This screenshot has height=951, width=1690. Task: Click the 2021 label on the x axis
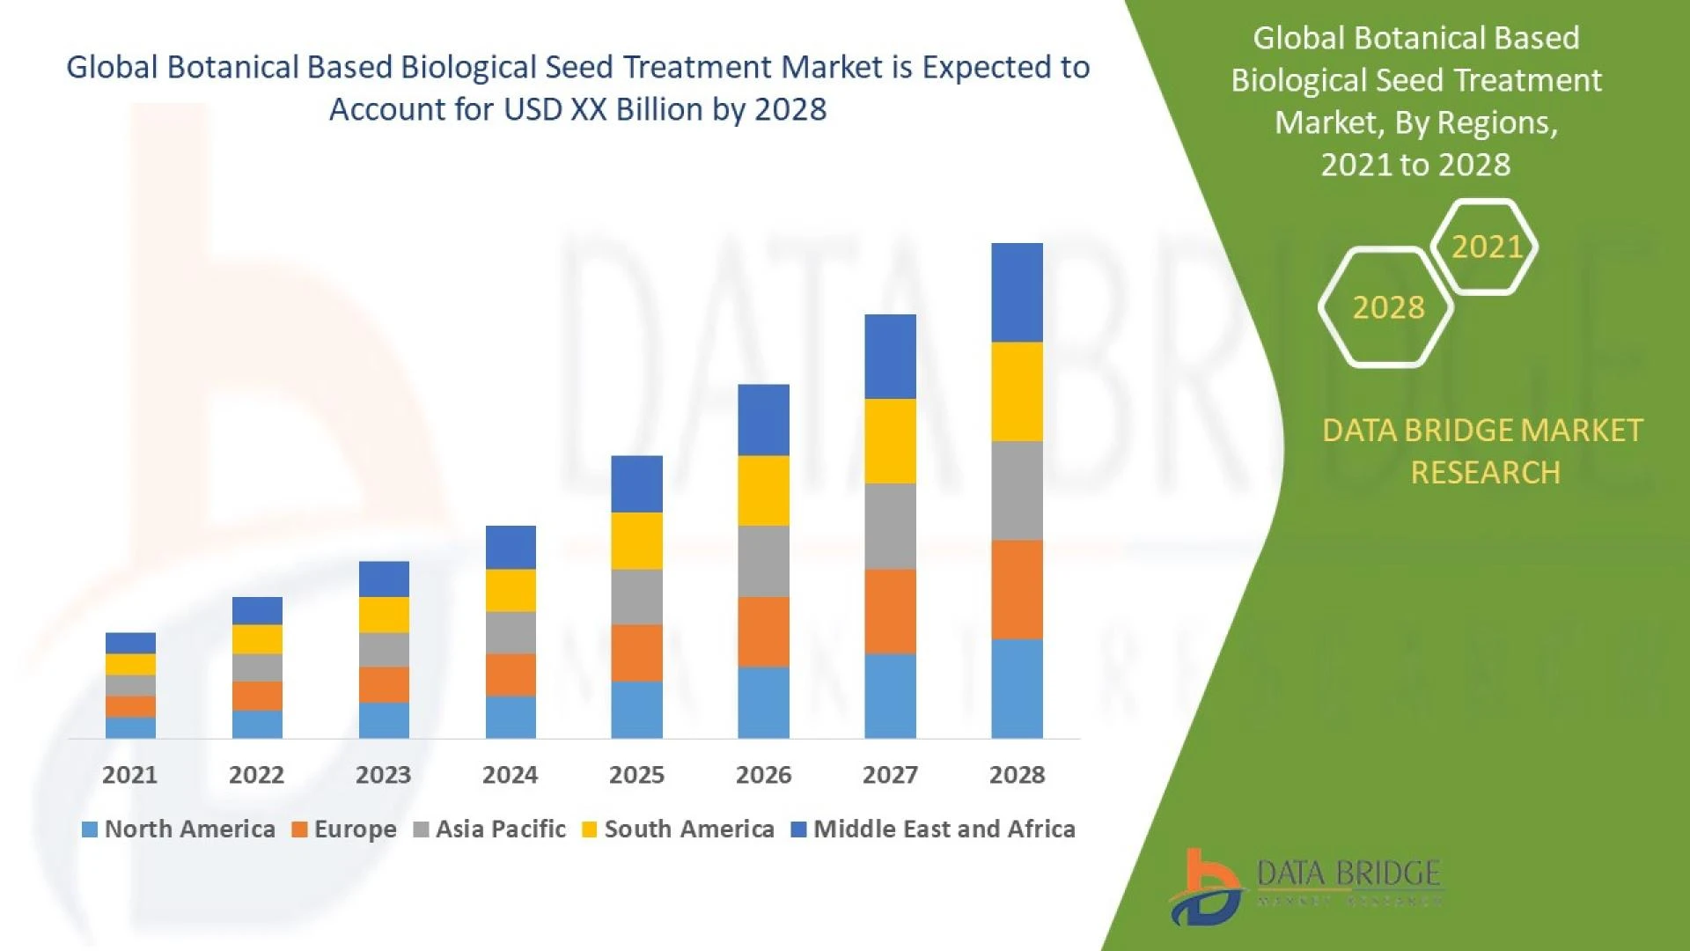(129, 775)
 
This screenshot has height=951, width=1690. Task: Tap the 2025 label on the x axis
(636, 775)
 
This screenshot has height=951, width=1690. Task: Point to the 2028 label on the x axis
(1017, 775)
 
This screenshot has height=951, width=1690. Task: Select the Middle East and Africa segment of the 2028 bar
(1017, 292)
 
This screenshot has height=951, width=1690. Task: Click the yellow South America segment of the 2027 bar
(890, 441)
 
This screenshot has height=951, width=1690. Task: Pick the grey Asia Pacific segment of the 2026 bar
(763, 561)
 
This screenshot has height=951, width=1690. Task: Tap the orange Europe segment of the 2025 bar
(636, 652)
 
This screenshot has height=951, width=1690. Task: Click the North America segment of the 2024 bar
(511, 717)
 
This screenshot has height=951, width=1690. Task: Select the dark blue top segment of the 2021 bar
(130, 642)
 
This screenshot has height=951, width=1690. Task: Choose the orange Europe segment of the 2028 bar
(1017, 589)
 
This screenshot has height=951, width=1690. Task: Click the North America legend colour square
(89, 829)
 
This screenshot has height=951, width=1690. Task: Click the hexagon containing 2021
(1486, 247)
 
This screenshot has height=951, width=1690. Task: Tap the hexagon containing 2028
(1387, 307)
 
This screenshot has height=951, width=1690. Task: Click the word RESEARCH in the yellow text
(1485, 473)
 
